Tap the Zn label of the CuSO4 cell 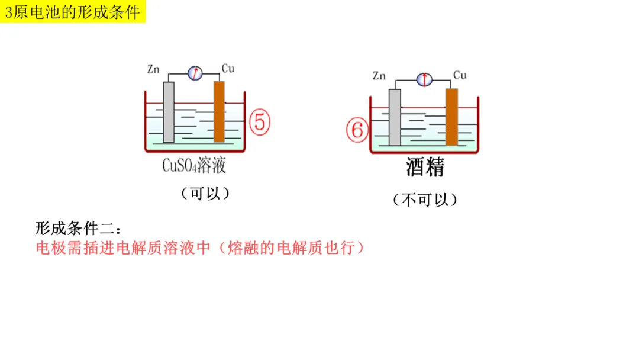[153, 69]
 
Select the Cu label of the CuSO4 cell [228, 69]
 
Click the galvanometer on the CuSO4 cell [195, 73]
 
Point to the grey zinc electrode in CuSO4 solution [169, 112]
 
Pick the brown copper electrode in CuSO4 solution [219, 112]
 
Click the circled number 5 [259, 122]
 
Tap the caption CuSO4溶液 [194, 165]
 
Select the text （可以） [205, 194]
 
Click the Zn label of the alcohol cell [379, 76]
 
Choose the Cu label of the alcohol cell [460, 75]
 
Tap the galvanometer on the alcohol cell [424, 79]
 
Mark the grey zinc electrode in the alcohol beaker [395, 117]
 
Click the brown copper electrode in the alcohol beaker [451, 117]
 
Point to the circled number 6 [357, 130]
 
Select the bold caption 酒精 [425, 168]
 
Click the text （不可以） [425, 200]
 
